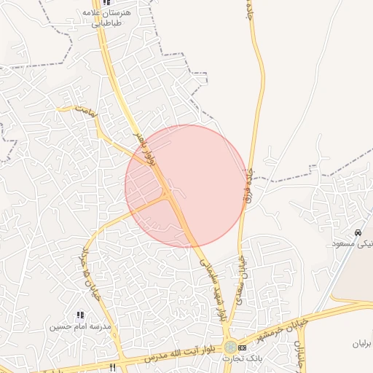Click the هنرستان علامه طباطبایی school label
[x=111, y=17]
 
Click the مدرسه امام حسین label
[x=79, y=326]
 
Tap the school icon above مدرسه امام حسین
[x=80, y=315]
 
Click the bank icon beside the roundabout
[x=243, y=348]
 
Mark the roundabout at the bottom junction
[x=230, y=347]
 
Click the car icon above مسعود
[x=358, y=233]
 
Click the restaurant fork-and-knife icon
[x=112, y=367]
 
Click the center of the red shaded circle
[x=186, y=186]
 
